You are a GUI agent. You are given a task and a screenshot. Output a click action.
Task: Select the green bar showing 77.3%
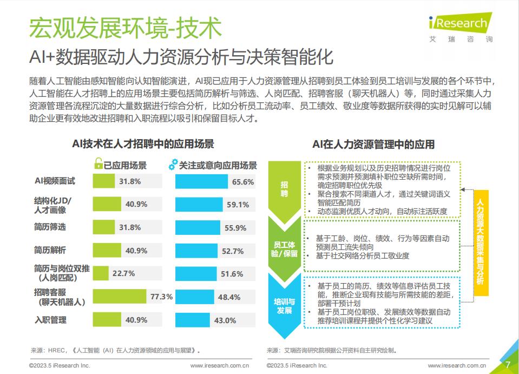[x=120, y=297]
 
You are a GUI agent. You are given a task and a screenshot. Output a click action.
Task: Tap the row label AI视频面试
[x=55, y=181]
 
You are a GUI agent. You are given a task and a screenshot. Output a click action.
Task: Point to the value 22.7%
[x=123, y=274]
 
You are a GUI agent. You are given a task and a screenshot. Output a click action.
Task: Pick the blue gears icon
[x=173, y=165]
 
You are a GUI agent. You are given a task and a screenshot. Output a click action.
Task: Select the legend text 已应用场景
[x=125, y=165]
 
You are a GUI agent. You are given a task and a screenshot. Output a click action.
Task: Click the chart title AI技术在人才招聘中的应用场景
[x=143, y=144]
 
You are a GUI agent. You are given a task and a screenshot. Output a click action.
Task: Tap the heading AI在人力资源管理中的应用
[x=373, y=145]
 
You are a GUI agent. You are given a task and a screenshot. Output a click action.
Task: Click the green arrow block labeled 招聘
[x=285, y=189]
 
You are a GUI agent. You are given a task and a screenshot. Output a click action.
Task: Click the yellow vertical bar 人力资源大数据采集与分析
[x=480, y=242]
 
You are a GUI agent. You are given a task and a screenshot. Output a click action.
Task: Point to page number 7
[x=508, y=364]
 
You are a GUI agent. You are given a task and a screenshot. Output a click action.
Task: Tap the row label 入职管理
[x=50, y=320]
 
